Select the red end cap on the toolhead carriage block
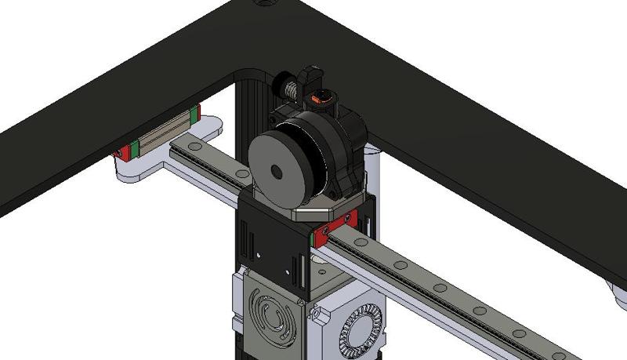[343, 224]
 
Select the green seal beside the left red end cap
[134, 148]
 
